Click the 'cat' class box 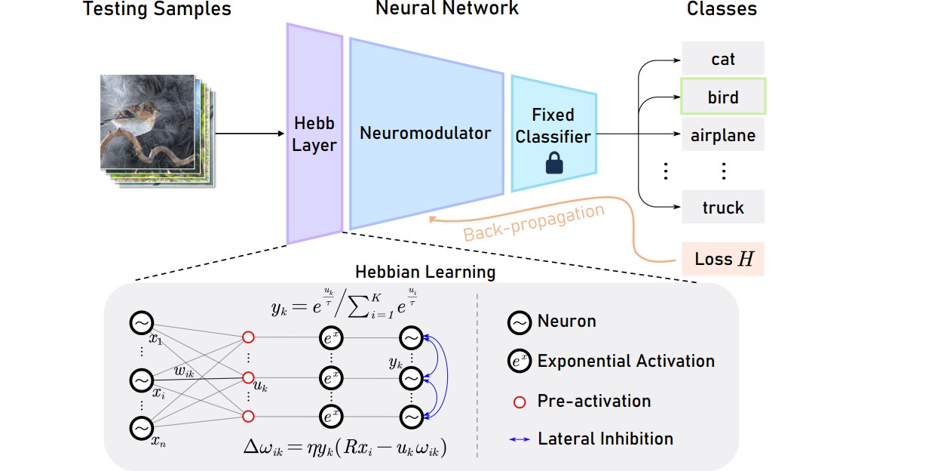point(723,59)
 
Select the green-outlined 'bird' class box point(723,97)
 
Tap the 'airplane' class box point(723,137)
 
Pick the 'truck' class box point(723,208)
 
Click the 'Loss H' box point(723,259)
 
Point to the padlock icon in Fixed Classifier point(554,164)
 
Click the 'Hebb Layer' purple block point(314,134)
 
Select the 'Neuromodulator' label point(425,134)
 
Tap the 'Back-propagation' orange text point(534,223)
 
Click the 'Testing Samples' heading point(157,10)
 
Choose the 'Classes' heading point(722,10)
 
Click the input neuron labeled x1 point(141,323)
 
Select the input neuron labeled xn point(141,429)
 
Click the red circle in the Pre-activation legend point(519,402)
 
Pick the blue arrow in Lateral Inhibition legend point(519,439)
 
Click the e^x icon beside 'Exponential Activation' point(519,362)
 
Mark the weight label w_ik point(184,370)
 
